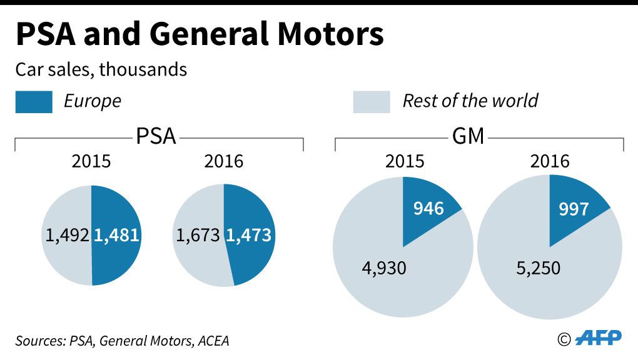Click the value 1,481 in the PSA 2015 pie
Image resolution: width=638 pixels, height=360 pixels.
point(116,236)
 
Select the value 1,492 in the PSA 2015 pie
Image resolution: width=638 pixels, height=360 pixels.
point(68,236)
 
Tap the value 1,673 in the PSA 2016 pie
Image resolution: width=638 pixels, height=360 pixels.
point(198,236)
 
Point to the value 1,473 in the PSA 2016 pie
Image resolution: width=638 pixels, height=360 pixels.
point(248,236)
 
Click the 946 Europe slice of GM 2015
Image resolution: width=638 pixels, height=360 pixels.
point(428,208)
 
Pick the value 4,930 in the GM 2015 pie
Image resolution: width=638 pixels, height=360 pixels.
point(384,268)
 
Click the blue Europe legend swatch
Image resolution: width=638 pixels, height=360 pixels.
point(34,101)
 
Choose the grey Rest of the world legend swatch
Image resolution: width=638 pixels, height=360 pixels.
point(372,101)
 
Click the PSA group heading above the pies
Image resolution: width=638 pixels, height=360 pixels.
point(156,136)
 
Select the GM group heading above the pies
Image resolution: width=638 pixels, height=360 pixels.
point(468,136)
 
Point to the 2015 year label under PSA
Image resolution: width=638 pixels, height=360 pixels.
point(91,161)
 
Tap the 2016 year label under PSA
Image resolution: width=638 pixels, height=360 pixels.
point(224,161)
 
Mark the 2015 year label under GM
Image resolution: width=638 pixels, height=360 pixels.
point(404,161)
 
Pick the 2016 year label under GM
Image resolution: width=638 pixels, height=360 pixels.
point(550,161)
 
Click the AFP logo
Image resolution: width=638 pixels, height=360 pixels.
point(599,338)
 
